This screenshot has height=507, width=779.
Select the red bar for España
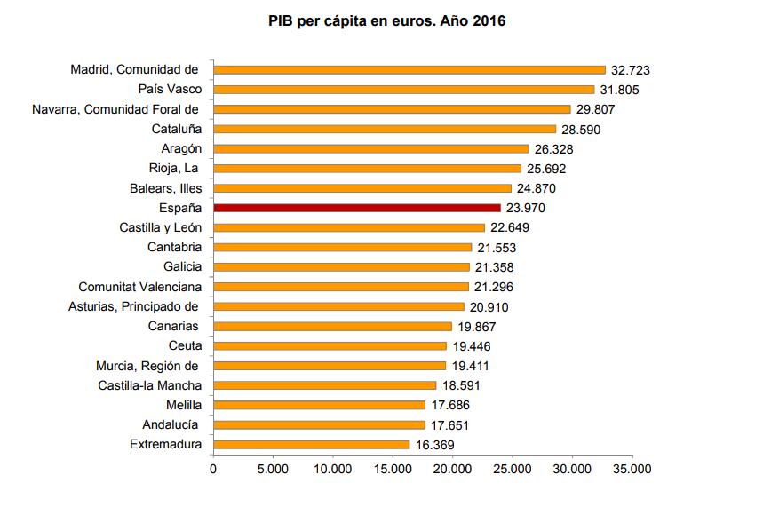point(357,208)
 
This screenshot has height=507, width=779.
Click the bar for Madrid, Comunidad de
point(409,69)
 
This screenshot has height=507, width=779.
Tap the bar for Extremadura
point(312,444)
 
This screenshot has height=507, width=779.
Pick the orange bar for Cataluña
point(385,129)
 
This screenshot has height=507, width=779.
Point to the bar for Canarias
point(332,326)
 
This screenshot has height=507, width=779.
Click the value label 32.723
point(632,69)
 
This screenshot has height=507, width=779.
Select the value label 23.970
point(525,208)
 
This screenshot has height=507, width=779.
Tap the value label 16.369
point(434,444)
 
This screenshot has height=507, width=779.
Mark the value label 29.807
point(596,109)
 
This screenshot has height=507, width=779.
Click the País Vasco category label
point(170,89)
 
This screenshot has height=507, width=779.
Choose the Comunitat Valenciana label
point(139,287)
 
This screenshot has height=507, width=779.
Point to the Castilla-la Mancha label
point(149,385)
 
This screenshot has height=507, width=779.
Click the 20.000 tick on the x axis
point(453,469)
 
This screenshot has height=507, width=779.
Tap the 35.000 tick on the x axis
point(632,469)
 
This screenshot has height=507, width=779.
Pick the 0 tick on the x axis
point(213,469)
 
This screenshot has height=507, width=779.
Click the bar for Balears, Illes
point(362,188)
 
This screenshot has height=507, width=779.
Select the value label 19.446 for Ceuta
point(471,346)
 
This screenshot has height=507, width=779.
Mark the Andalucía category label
point(171,424)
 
